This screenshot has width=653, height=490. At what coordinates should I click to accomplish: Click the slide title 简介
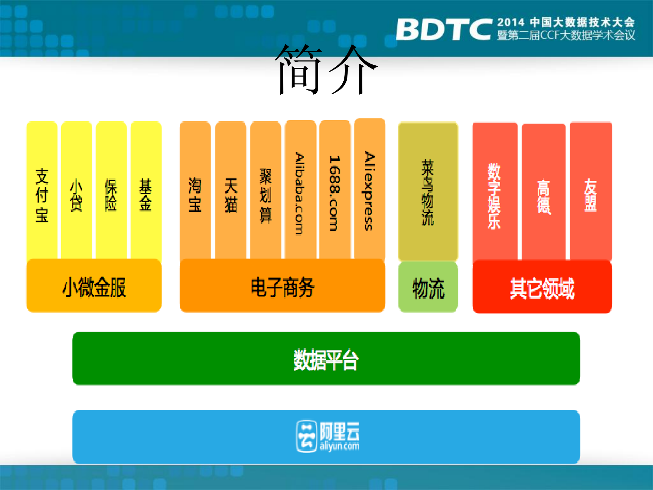click(x=326, y=70)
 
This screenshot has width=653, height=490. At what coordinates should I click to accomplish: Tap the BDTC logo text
click(x=444, y=30)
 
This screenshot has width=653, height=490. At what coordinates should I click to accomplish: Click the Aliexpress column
click(x=370, y=191)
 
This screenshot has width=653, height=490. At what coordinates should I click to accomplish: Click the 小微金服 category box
click(x=94, y=286)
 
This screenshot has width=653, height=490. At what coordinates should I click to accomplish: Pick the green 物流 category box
click(x=428, y=287)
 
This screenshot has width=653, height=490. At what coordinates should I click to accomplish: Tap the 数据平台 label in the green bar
click(x=326, y=359)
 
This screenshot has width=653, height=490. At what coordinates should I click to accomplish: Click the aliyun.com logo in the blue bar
click(x=327, y=436)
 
